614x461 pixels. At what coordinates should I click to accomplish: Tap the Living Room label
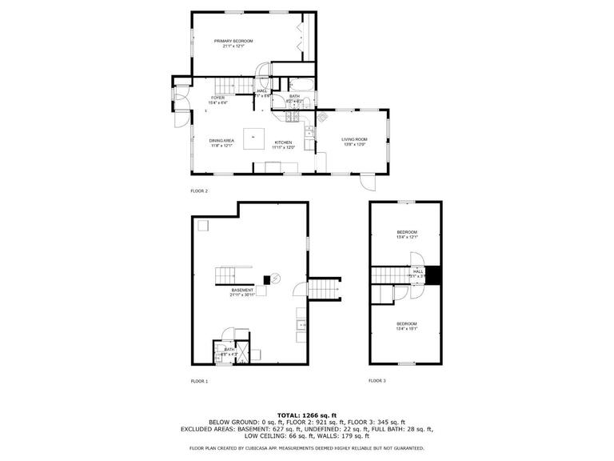coord(353,142)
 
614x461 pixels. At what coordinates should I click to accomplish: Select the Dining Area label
coord(221,143)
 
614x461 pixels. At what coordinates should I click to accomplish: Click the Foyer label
coord(217,100)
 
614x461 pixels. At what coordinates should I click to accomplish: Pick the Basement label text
coord(242,292)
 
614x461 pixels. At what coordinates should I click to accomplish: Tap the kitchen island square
coord(254,136)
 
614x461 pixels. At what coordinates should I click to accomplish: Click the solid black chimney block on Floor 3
coord(433,275)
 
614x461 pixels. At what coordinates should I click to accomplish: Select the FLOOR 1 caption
coord(199,381)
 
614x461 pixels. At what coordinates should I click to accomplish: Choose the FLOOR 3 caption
coord(377,381)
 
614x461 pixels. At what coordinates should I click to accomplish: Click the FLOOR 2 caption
coord(199,191)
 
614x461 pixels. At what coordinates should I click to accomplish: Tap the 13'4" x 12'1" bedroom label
coord(407,235)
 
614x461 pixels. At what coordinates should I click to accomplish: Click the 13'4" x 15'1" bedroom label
coord(407,326)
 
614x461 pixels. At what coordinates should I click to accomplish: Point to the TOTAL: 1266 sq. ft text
coord(307,415)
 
